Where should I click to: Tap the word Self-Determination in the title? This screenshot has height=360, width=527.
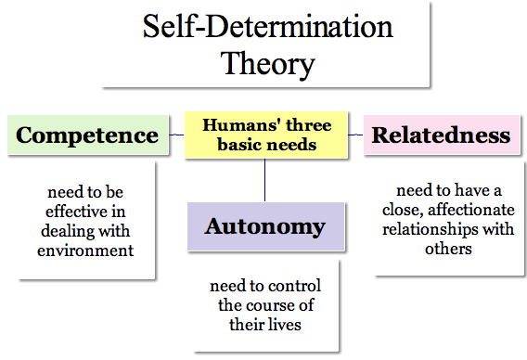pos(267,28)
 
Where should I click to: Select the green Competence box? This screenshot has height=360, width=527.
pos(87,135)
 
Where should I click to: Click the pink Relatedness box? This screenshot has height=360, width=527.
pos(441,135)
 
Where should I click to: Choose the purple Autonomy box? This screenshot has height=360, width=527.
pos(264,226)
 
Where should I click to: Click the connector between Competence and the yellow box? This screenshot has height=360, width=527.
pos(176,135)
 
